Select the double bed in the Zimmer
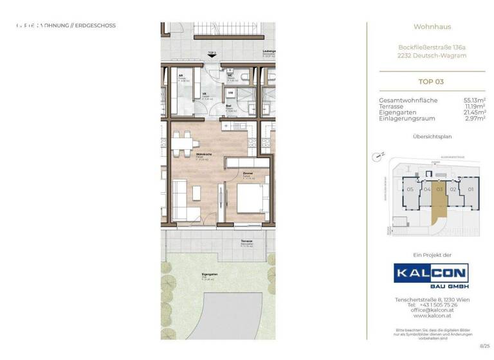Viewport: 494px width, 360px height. click(250, 199)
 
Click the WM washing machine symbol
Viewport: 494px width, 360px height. click(230, 93)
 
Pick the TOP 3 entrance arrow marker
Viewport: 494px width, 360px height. click(212, 55)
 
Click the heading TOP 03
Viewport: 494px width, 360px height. click(430, 82)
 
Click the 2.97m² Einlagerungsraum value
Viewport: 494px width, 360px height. click(475, 118)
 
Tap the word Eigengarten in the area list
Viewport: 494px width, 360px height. click(398, 113)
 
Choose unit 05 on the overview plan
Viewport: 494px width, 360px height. click(410, 190)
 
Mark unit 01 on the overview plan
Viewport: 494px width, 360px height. click(470, 190)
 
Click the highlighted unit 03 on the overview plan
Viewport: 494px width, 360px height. click(440, 190)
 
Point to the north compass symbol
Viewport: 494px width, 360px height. click(379, 156)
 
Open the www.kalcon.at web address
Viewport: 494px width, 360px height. click(430, 315)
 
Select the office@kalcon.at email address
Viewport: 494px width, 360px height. click(430, 310)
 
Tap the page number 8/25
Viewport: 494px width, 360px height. click(485, 345)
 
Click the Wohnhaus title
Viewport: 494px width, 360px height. click(430, 28)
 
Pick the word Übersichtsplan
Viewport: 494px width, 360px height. click(430, 138)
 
